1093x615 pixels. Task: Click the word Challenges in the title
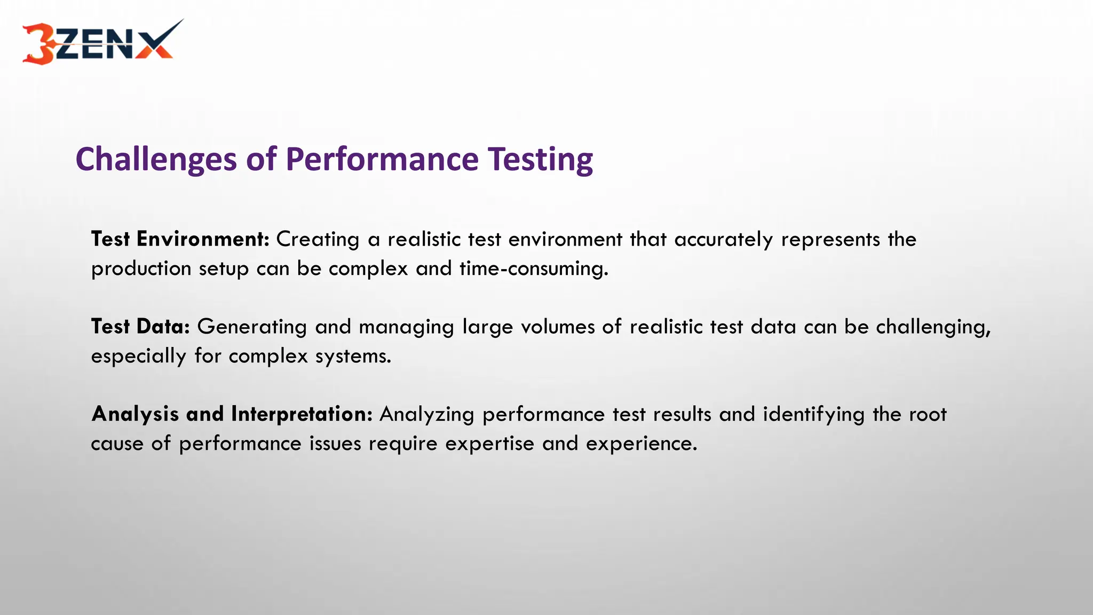click(156, 160)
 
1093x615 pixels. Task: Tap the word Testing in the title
click(540, 160)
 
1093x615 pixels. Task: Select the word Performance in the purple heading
click(382, 160)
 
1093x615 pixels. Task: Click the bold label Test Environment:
click(180, 239)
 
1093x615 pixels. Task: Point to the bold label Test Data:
click(140, 327)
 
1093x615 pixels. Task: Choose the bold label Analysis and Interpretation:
click(232, 414)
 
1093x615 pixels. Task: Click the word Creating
click(318, 240)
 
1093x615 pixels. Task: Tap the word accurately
click(723, 240)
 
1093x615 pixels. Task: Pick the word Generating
click(252, 327)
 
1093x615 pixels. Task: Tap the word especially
click(138, 356)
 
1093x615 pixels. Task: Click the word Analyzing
click(426, 415)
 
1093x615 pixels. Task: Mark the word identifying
click(813, 415)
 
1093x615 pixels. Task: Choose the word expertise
click(489, 444)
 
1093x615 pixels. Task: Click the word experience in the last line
click(641, 444)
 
